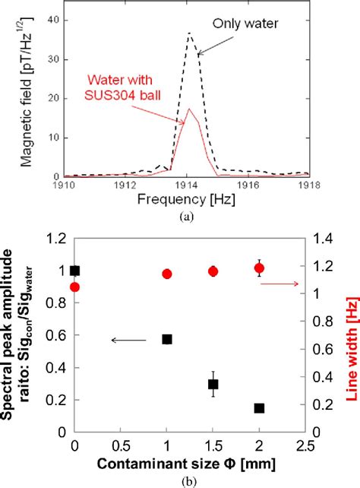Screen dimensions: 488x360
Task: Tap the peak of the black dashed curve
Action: pyautogui.click(x=189, y=33)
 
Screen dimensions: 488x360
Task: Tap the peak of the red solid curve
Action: pyautogui.click(x=189, y=109)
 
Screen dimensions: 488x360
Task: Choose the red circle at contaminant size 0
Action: pyautogui.click(x=74, y=287)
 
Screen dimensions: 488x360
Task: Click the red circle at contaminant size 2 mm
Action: pyautogui.click(x=259, y=268)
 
